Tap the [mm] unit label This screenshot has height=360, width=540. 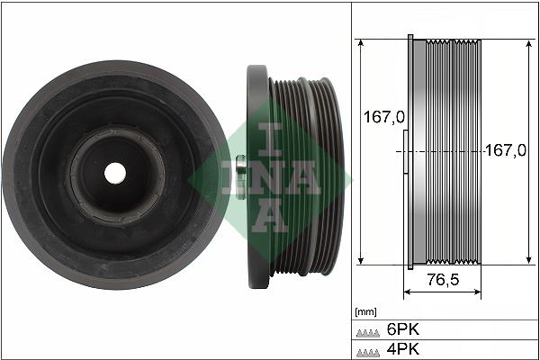[x=365, y=311]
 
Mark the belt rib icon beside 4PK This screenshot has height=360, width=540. [x=367, y=349]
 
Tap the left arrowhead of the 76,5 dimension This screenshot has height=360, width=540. [x=407, y=293]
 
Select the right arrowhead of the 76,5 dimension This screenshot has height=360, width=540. [x=479, y=293]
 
